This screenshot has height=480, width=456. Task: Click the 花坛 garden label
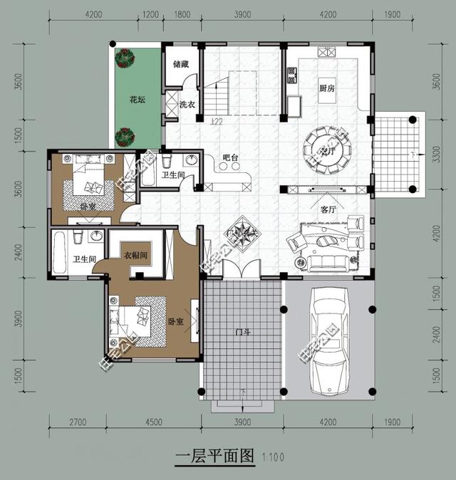[138, 100]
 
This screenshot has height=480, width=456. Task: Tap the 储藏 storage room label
[180, 64]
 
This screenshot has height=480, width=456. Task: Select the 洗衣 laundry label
[187, 105]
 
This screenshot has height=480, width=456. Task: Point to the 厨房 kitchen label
[328, 88]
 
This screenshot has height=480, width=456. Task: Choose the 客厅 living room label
[328, 210]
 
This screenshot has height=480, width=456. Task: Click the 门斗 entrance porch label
[242, 332]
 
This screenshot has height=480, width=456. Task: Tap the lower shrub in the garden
[126, 134]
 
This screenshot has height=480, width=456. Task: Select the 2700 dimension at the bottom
[78, 422]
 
